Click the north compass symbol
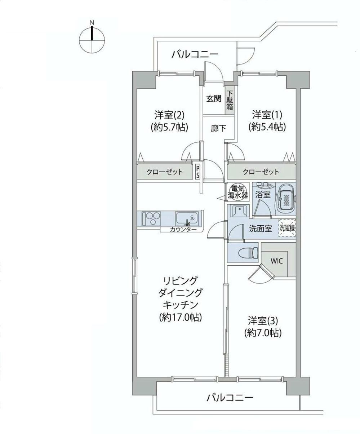click(x=92, y=39)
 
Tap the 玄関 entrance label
click(x=213, y=98)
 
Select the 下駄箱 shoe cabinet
click(x=230, y=101)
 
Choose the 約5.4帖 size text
click(x=267, y=127)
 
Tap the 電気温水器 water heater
click(x=237, y=192)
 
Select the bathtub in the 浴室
click(x=286, y=199)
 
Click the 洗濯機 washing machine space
click(x=287, y=228)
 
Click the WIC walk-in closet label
click(x=277, y=261)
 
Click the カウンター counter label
click(x=183, y=230)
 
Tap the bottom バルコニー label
click(x=230, y=398)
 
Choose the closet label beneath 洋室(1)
click(x=261, y=172)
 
